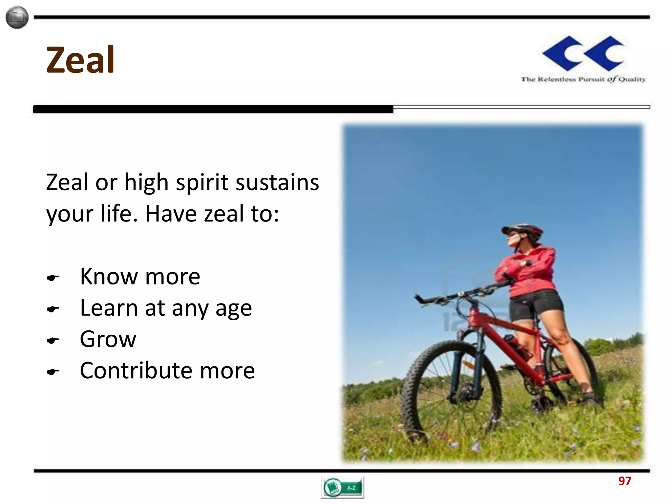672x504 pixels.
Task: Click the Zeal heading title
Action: coord(80,60)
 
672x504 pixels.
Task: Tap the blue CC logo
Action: coord(583,53)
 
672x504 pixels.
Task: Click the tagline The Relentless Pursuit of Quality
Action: coord(583,79)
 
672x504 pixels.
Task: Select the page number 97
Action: coord(624,481)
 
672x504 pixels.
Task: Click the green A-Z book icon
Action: coord(342,487)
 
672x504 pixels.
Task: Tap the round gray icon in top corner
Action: coord(17,17)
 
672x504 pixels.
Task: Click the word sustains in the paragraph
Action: coord(277,182)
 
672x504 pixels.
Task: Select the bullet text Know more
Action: coord(140,277)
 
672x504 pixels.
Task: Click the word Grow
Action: coord(108,339)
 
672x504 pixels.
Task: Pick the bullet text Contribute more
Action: coord(167,371)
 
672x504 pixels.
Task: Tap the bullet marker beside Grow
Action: coord(53,341)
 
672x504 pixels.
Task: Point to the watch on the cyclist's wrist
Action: coord(528,262)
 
